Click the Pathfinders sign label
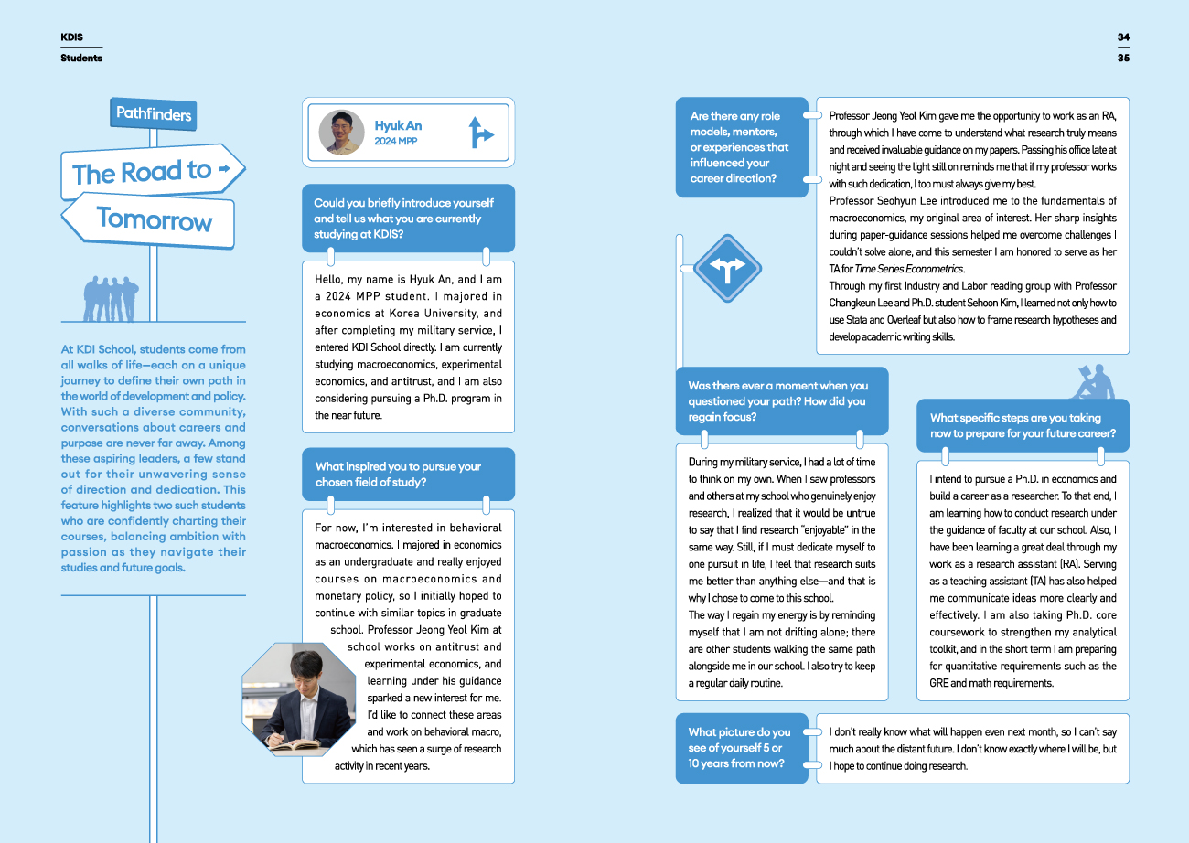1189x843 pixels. tap(154, 113)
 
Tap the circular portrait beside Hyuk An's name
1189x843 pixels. tap(342, 133)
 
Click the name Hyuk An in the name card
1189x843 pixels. tap(398, 125)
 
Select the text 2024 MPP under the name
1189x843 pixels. tap(395, 142)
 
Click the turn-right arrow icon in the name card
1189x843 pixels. tap(479, 133)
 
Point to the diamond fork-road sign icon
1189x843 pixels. tap(727, 269)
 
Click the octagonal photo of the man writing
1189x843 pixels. tap(298, 699)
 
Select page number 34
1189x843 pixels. tap(1123, 37)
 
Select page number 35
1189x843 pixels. tap(1123, 58)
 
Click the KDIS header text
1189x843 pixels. tap(72, 37)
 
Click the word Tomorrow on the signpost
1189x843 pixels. tap(154, 219)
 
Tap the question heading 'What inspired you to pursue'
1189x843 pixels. tap(398, 474)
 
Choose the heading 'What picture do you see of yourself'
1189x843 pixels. tap(739, 748)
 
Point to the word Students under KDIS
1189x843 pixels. tap(81, 58)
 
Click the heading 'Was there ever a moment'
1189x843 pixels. tap(778, 401)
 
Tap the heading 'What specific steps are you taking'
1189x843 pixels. tap(1023, 426)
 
